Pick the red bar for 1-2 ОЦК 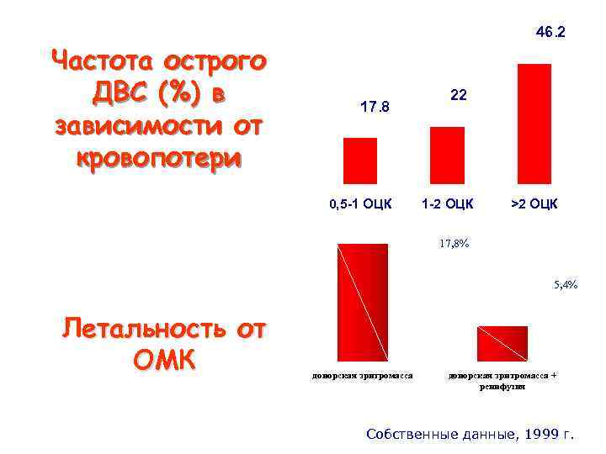click(447, 155)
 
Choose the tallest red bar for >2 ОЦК click(534, 124)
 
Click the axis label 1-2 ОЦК click(448, 203)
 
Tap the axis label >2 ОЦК click(534, 203)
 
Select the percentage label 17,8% click(454, 244)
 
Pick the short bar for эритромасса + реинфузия click(502, 343)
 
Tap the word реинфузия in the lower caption click(502, 386)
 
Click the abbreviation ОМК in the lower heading click(164, 360)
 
